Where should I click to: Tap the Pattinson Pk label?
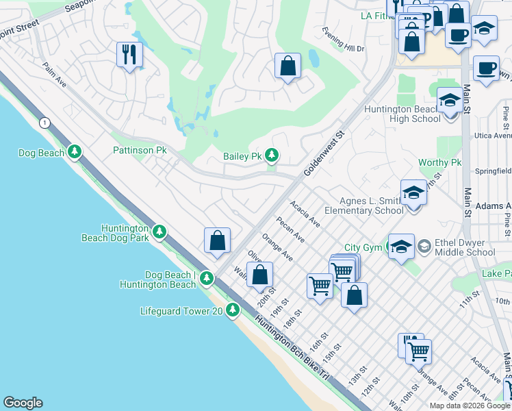coord(140,150)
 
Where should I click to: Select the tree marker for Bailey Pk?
coord(272,156)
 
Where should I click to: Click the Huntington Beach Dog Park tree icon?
coord(159,232)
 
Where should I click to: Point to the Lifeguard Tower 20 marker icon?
coord(233,311)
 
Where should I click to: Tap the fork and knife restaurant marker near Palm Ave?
coord(129,54)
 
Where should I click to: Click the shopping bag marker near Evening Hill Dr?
coord(288,66)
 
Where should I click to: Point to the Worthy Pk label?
coord(440,162)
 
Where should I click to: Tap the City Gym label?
coord(362,247)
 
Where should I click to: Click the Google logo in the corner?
coord(23,403)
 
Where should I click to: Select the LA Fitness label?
coord(374,15)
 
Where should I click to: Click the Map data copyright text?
coord(470,406)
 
